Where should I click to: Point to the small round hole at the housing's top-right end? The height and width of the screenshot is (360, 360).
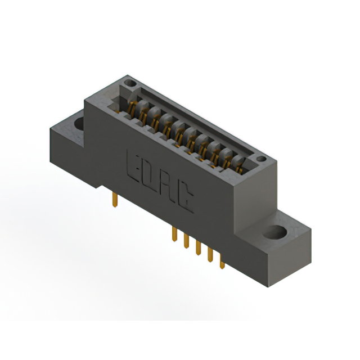tap(260, 160)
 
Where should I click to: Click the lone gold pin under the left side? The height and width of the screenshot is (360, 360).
tap(115, 197)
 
